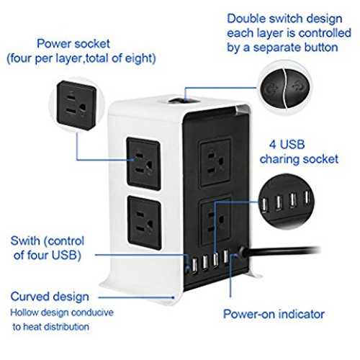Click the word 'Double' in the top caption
point(246,19)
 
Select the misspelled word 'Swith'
point(25,240)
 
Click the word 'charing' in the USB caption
point(279,159)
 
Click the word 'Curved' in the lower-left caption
point(27,297)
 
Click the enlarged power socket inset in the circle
point(76,105)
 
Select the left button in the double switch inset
point(272,89)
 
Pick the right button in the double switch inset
point(298,89)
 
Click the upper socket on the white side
point(143,164)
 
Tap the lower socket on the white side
point(144,222)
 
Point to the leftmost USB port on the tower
point(194,265)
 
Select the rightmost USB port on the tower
point(225,256)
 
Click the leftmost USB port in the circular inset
point(264,205)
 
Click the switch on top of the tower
point(184,100)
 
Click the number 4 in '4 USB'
point(273,145)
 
